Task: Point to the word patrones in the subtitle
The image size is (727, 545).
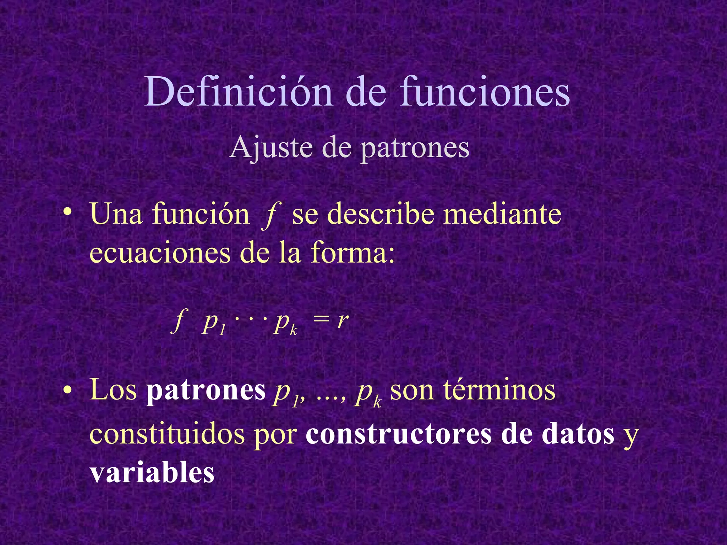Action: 415,148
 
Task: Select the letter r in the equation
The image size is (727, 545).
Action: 343,321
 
